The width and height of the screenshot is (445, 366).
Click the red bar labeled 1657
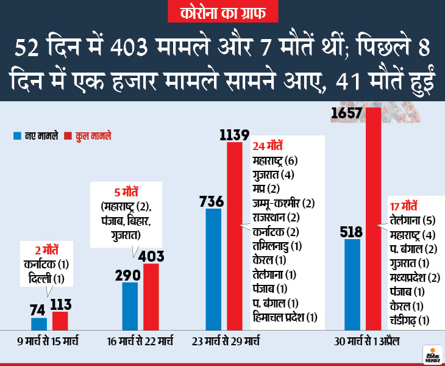(373, 220)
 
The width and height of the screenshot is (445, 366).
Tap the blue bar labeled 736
(213, 268)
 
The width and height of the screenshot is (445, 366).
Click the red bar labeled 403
(151, 296)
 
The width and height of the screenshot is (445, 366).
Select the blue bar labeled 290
(130, 305)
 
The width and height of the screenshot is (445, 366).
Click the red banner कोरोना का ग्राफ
(222, 12)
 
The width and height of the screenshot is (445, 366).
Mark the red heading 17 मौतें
(404, 204)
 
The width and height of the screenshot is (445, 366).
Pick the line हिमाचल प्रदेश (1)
(285, 317)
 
